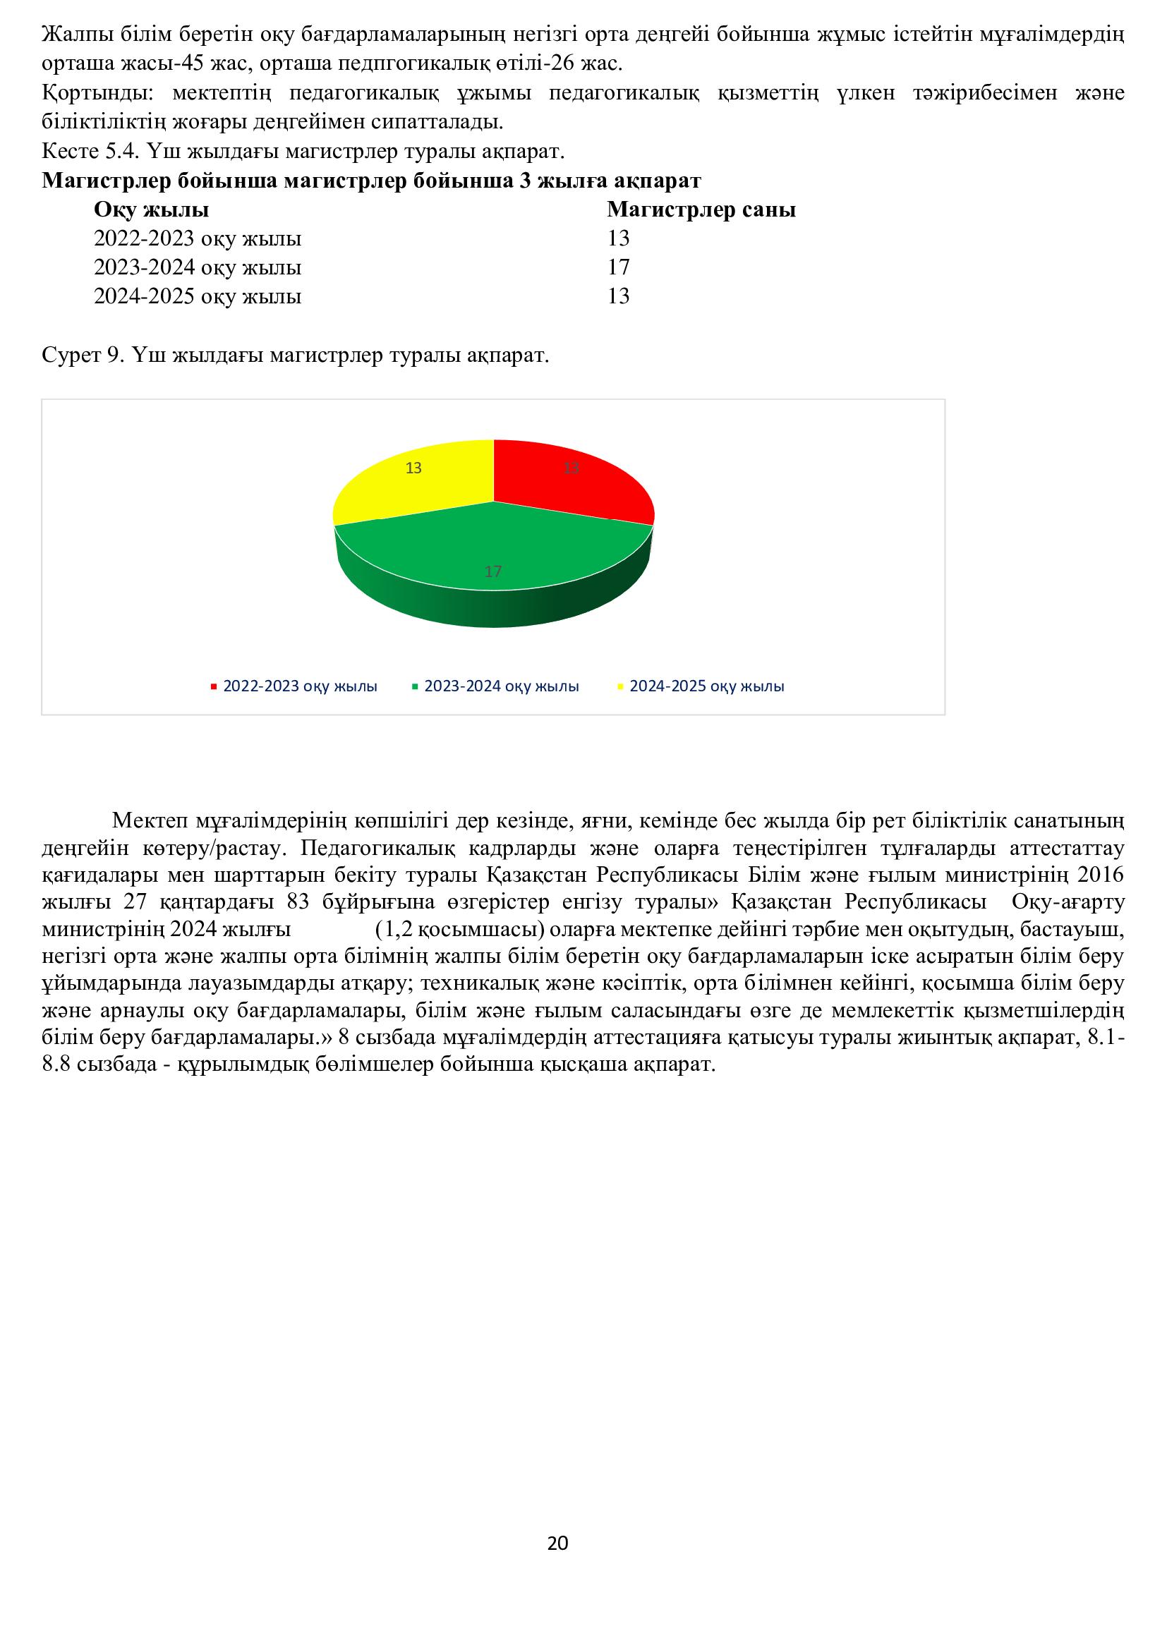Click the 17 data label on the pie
(493, 572)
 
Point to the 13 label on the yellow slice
(413, 468)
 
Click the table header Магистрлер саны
(701, 210)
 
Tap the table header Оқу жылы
(152, 210)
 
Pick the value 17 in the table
(618, 267)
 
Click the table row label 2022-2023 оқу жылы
(198, 238)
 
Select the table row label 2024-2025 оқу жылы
(198, 296)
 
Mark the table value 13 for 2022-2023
(618, 238)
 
